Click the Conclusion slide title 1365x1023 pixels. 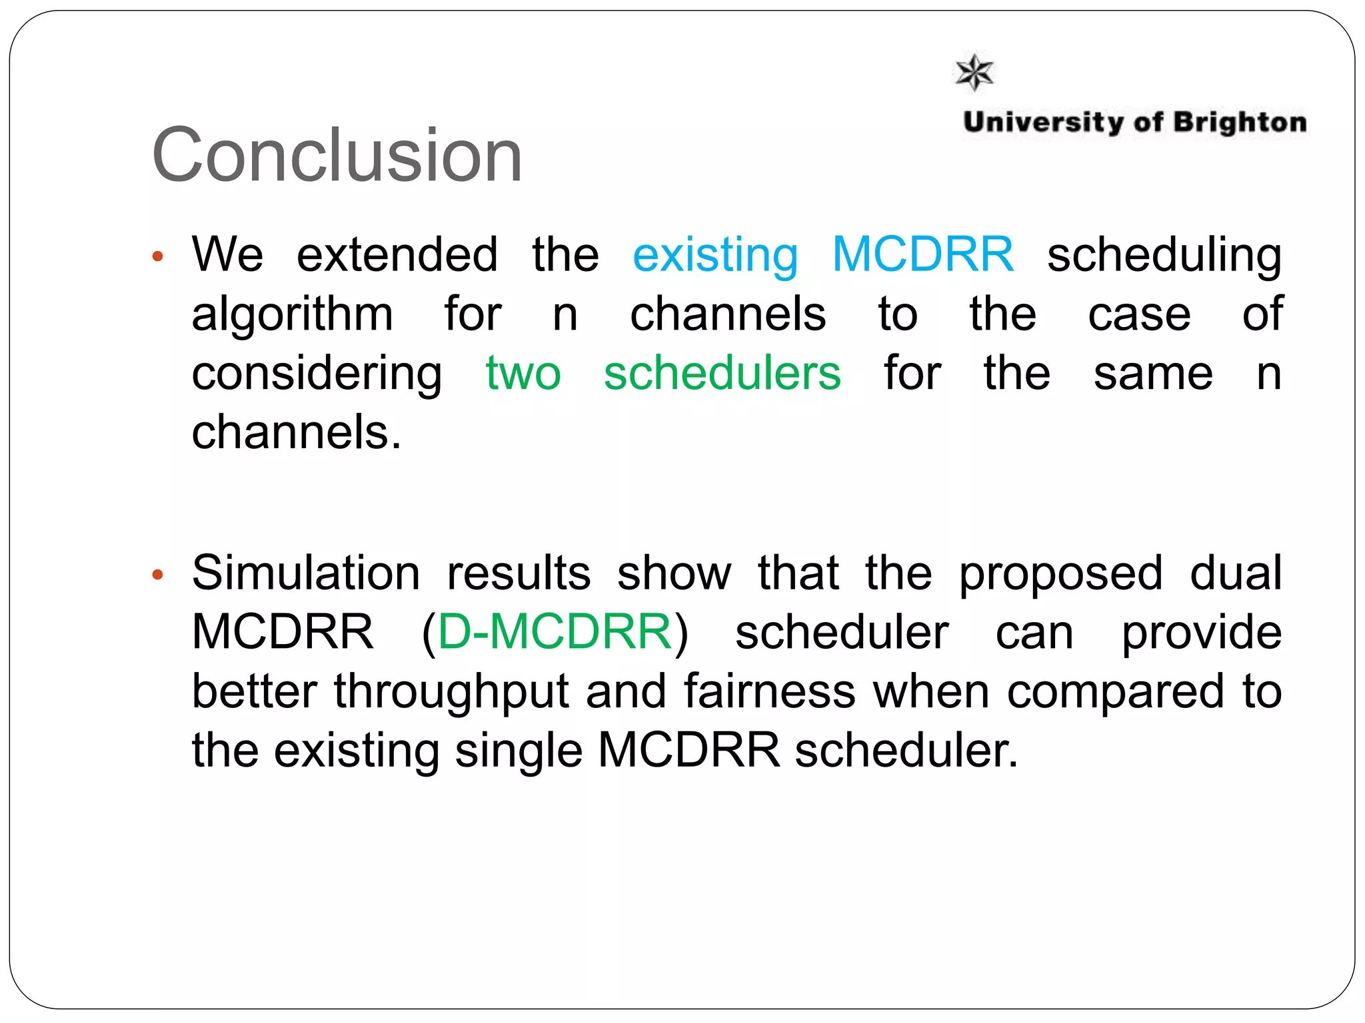coord(337,156)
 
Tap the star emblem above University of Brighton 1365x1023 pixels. coord(974,72)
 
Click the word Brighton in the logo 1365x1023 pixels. coord(1240,123)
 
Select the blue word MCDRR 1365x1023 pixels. coord(923,254)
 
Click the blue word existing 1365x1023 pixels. coord(715,256)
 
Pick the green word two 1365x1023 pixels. coord(523,373)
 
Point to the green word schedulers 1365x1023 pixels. coord(722,373)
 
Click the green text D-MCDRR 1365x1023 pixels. coord(555,631)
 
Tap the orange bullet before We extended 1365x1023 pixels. coord(158,256)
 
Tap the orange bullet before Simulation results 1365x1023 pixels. coord(158,575)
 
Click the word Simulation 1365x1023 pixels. coord(306,573)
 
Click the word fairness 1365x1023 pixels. coord(770,691)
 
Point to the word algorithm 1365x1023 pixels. coord(293,315)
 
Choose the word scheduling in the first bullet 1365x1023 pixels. coord(1164,256)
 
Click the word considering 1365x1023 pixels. coord(317,374)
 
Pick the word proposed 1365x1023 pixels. coord(1061,574)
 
